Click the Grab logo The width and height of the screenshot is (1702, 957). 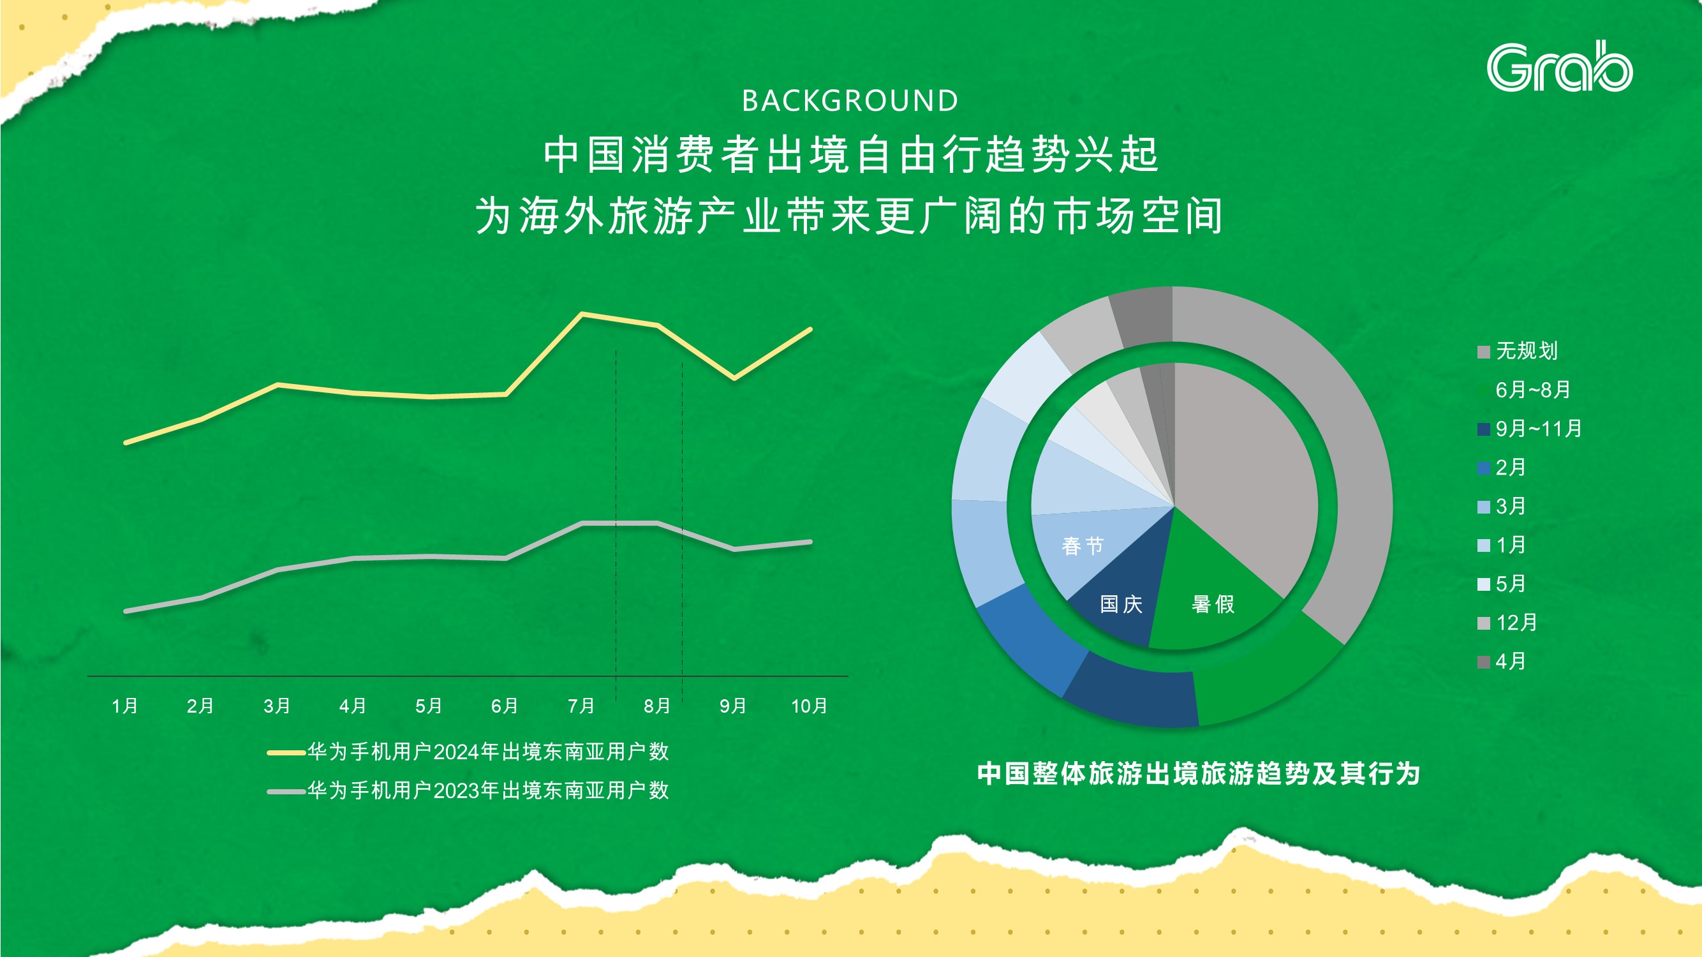tap(1559, 67)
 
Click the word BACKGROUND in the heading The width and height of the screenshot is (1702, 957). tap(850, 101)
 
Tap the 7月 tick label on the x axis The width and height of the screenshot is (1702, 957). tap(581, 706)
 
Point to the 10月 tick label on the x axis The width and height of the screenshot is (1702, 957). tap(810, 706)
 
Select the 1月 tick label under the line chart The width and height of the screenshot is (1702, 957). tap(125, 706)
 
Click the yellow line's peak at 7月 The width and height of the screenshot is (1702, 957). tap(582, 314)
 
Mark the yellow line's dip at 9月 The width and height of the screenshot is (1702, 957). tap(734, 378)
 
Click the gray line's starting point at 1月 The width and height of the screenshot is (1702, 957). tap(126, 611)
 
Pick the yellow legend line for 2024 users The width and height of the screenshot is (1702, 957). tap(286, 752)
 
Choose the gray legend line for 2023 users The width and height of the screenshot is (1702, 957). tap(286, 791)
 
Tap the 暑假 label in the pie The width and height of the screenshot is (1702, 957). tap(1213, 604)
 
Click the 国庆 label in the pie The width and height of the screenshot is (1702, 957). tap(1121, 604)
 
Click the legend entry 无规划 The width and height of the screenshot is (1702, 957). tap(1518, 351)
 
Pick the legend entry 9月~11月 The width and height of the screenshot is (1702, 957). tap(1530, 429)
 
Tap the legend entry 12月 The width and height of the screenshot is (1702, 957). tap(1508, 623)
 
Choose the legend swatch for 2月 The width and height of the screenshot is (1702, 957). tap(1483, 468)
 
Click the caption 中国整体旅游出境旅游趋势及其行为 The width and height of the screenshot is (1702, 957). tap(1199, 773)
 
